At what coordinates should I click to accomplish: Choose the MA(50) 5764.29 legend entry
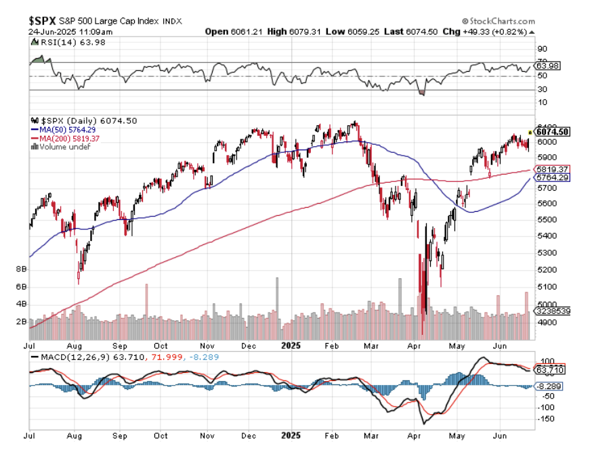tap(66, 129)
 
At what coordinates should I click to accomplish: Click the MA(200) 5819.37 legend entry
tap(68, 138)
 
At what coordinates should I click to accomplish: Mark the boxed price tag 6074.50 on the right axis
tap(552, 132)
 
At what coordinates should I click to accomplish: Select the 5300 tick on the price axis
tap(545, 253)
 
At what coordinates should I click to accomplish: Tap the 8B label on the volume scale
tap(20, 269)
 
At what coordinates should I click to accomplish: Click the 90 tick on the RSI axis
tap(541, 49)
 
